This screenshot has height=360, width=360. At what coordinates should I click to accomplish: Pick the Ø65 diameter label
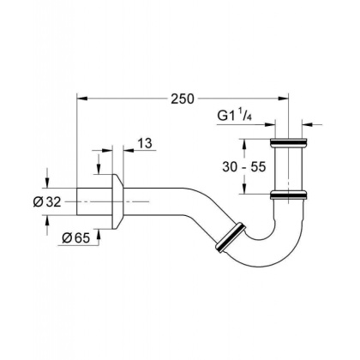click(76, 238)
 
